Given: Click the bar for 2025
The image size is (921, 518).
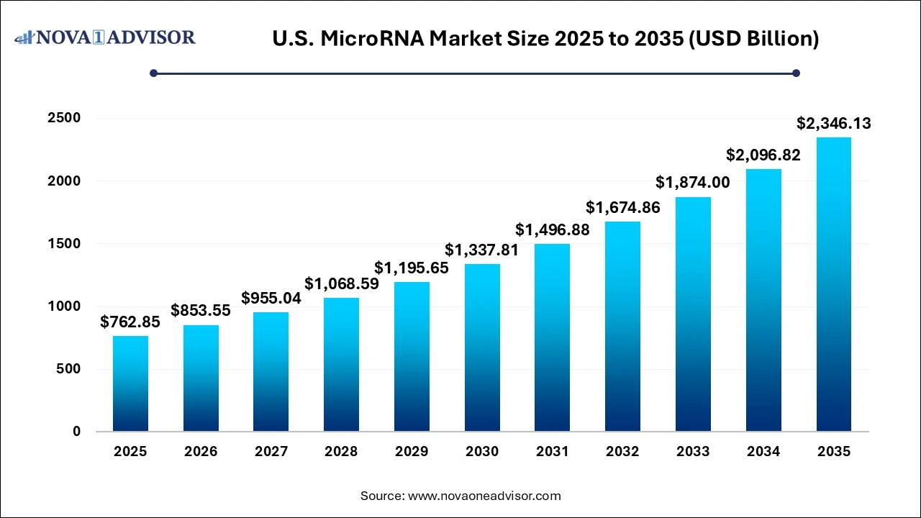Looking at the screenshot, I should pyautogui.click(x=130, y=383).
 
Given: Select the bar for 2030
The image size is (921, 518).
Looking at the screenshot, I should pyautogui.click(x=482, y=347).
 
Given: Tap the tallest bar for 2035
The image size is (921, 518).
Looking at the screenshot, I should pyautogui.click(x=834, y=284).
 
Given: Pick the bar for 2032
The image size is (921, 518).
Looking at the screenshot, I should pyautogui.click(x=622, y=327).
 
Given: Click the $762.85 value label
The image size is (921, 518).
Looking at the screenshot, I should pyautogui.click(x=130, y=322).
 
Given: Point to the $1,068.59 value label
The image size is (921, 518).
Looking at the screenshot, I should pyautogui.click(x=341, y=284).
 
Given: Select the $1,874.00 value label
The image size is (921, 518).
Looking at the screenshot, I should pyautogui.click(x=693, y=183).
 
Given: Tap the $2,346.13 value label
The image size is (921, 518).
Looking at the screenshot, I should pyautogui.click(x=834, y=124).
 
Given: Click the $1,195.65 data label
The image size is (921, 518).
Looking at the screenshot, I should pyautogui.click(x=412, y=268).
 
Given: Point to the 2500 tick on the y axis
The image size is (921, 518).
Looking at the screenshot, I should pyautogui.click(x=64, y=118).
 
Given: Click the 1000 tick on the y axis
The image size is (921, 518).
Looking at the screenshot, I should pyautogui.click(x=64, y=306).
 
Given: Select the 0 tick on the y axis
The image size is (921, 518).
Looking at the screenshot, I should pyautogui.click(x=76, y=432).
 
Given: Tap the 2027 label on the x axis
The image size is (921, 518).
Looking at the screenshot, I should pyautogui.click(x=271, y=452).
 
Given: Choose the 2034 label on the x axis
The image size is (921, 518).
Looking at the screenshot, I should pyautogui.click(x=763, y=452).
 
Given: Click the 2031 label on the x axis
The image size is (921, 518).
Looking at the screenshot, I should pyautogui.click(x=553, y=452).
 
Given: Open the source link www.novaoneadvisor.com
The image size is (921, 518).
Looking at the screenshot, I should pyautogui.click(x=484, y=496).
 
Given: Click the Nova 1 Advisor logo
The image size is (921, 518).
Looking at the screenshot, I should pyautogui.click(x=105, y=37).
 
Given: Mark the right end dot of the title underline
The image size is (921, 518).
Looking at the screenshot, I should pyautogui.click(x=796, y=73).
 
